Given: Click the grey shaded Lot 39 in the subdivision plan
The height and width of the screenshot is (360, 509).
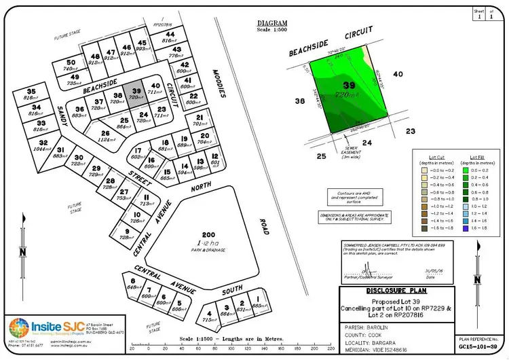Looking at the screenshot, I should click(136, 94).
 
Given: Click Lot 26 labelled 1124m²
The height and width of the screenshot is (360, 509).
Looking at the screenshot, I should click(106, 137).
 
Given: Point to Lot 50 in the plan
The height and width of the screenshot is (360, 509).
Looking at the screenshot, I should click(70, 66).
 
